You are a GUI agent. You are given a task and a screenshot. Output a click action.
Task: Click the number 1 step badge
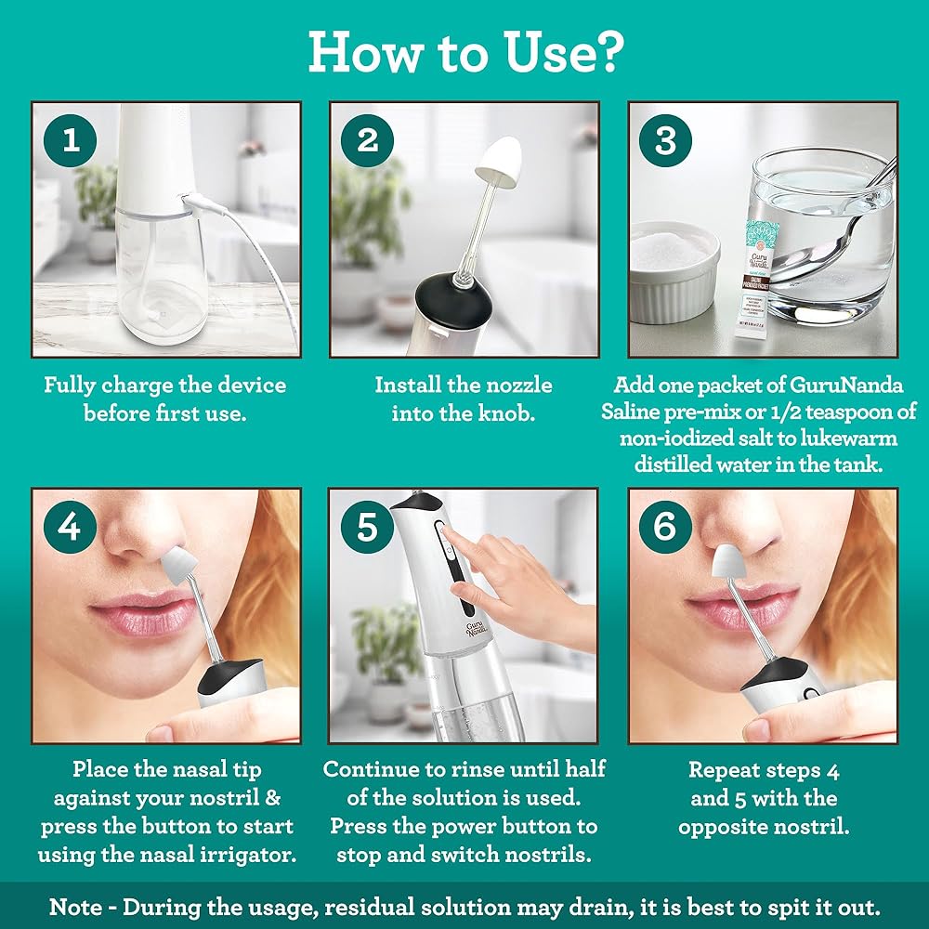(x=70, y=140)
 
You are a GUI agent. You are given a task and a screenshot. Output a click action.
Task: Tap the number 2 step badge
(x=367, y=140)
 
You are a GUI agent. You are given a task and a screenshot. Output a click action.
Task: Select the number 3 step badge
(x=665, y=140)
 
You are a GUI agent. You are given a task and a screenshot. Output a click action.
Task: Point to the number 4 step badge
(x=70, y=527)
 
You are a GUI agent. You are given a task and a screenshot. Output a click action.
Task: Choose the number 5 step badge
(x=367, y=527)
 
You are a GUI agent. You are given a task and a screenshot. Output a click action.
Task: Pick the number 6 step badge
(x=665, y=527)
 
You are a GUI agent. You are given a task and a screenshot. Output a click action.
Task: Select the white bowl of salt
(x=674, y=271)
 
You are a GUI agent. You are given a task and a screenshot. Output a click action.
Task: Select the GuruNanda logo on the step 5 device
(x=477, y=629)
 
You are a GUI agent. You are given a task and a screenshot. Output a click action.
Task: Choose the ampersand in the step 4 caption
(x=272, y=798)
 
